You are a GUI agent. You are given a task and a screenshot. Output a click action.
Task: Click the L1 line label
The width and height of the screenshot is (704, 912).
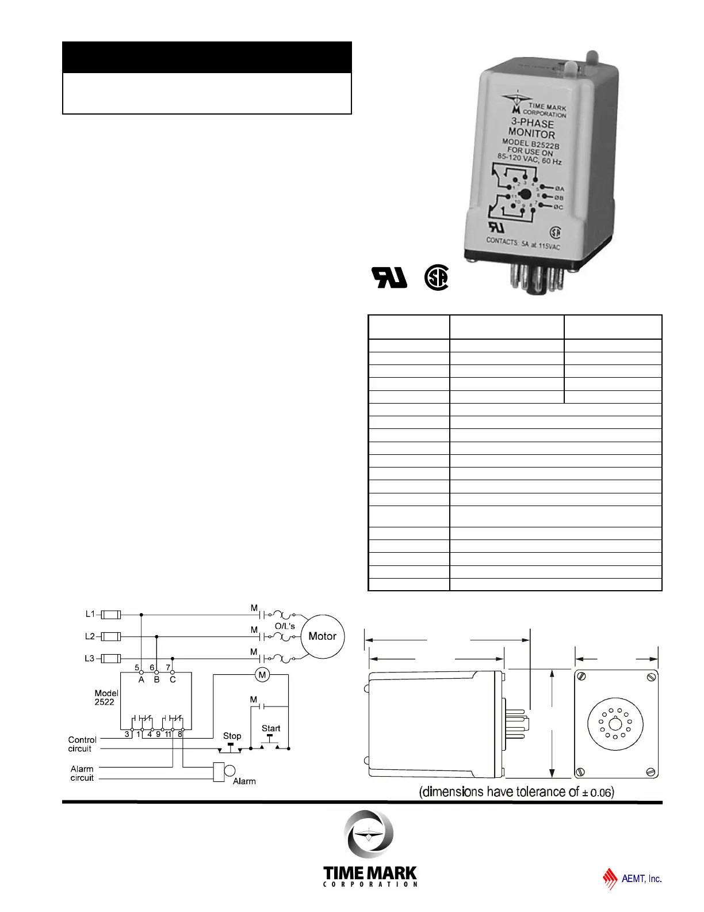click(x=90, y=614)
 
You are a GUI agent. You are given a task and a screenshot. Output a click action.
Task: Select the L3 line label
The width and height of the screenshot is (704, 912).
click(x=90, y=658)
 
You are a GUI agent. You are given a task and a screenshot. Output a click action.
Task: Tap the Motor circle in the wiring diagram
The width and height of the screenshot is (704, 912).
click(x=323, y=636)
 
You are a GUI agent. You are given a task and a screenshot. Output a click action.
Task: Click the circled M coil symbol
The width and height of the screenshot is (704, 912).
click(x=262, y=675)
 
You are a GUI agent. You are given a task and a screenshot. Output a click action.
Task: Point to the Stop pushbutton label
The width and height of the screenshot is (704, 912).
click(x=232, y=736)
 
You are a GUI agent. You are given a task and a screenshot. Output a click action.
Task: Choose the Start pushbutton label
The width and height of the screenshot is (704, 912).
click(x=271, y=728)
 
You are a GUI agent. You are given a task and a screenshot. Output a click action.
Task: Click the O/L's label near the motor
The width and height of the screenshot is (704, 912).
click(x=285, y=626)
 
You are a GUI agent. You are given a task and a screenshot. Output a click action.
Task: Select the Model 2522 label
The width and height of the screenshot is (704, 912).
click(x=106, y=698)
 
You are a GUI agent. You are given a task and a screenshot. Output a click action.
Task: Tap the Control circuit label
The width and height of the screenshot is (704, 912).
click(x=82, y=744)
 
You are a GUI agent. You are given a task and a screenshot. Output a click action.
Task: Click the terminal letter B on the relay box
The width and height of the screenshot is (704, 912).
click(x=156, y=680)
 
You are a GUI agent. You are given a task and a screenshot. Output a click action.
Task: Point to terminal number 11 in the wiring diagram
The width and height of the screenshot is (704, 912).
click(x=169, y=734)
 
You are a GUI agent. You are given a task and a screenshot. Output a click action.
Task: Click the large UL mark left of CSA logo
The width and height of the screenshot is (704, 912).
click(x=390, y=278)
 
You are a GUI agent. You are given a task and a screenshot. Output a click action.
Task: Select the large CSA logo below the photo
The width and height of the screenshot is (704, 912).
click(x=436, y=278)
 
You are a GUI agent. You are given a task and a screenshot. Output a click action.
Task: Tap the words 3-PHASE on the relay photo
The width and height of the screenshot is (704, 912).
click(x=533, y=123)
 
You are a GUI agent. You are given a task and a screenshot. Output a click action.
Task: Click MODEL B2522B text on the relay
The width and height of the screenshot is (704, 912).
click(x=530, y=144)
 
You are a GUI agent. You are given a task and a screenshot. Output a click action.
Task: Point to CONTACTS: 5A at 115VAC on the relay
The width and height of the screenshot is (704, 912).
click(x=523, y=244)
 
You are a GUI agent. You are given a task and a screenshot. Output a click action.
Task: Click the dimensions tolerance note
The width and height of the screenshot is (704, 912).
click(x=516, y=792)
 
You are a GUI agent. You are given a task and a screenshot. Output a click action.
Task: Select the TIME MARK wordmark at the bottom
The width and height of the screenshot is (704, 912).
click(x=370, y=873)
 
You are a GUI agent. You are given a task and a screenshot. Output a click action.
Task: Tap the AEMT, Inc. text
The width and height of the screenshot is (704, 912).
click(x=641, y=879)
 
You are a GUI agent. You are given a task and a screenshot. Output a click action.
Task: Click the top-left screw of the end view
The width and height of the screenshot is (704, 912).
click(x=581, y=676)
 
